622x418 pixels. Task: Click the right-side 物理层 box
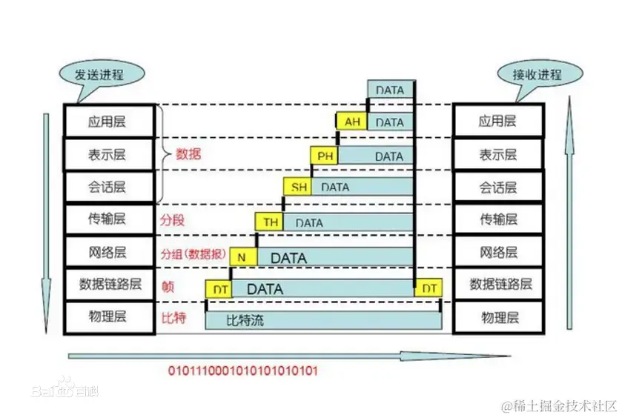coord(497,317)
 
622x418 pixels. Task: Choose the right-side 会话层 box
coord(497,187)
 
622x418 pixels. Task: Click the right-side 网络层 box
coord(497,252)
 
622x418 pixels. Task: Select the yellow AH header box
coord(351,122)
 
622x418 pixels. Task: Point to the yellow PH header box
coord(325,156)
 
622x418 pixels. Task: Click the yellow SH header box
coord(298,188)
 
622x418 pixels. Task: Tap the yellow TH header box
coord(271,222)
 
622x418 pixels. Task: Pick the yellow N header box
coord(242,256)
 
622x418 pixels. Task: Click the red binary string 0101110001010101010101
coord(242,371)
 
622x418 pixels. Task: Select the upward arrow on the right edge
coord(569,215)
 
